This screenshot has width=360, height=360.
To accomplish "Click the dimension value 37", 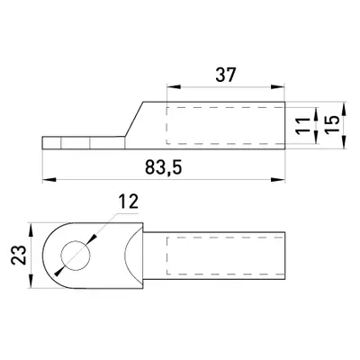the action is (226, 75).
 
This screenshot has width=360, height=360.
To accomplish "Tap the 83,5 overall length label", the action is (164, 167).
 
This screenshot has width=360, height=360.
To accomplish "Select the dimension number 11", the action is (302, 125).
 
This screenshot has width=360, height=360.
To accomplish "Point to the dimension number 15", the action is (332, 124).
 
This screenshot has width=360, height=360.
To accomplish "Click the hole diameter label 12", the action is (128, 202).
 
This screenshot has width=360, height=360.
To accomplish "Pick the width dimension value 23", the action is (19, 255).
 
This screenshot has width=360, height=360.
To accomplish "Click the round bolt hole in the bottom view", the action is (76, 256).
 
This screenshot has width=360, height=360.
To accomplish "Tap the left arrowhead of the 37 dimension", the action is (174, 87).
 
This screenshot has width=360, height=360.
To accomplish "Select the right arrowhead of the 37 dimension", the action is (277, 87).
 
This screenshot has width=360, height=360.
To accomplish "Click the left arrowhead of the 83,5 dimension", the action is (49, 180).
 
